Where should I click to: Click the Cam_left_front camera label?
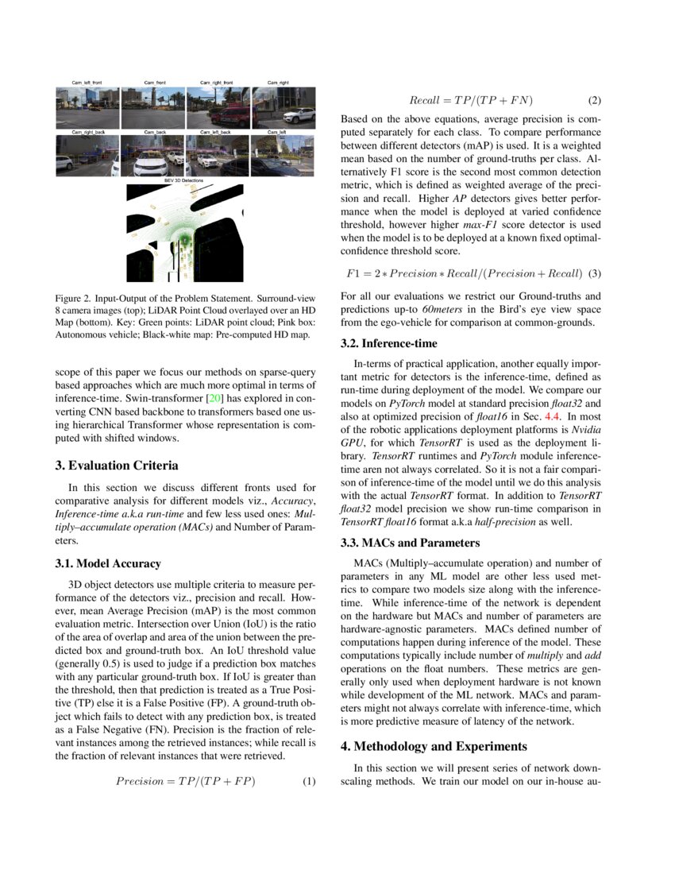click(87, 83)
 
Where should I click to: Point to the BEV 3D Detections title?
click(184, 181)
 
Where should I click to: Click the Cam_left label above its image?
click(277, 132)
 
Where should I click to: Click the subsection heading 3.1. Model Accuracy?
click(109, 564)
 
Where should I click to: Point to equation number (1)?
click(310, 781)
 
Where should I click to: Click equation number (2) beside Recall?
click(595, 101)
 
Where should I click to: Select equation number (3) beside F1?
click(595, 273)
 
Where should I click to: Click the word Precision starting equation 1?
click(140, 781)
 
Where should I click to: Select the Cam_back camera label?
click(151, 132)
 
